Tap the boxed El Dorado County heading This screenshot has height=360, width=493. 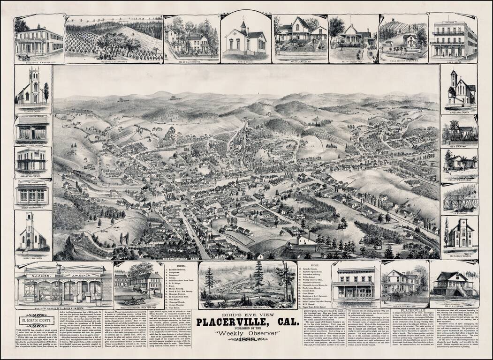coord(37,322)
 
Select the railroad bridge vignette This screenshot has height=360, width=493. coord(459,199)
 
